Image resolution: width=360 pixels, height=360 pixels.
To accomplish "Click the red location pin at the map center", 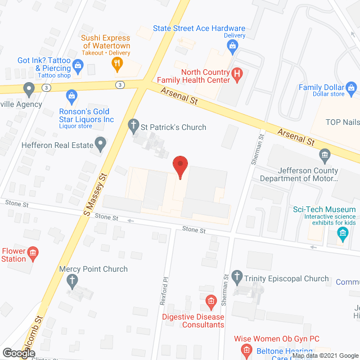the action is [180, 166].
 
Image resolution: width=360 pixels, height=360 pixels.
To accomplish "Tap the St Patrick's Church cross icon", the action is [134, 127].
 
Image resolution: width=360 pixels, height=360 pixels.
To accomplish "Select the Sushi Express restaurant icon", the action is [118, 64].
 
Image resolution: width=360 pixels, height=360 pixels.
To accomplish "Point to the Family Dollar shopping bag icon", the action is [352, 88].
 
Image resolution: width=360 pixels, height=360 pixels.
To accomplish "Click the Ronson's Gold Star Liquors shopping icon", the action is [71, 96].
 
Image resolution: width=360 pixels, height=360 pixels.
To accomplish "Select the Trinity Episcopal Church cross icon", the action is [237, 278].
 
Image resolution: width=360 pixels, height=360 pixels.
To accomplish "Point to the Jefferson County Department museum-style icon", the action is [324, 155].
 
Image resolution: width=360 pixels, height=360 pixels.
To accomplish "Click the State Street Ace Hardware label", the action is [199, 28].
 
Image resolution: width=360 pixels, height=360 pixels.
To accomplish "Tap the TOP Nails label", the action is [344, 121].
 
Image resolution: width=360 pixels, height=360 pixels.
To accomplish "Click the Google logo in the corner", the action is [19, 353].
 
